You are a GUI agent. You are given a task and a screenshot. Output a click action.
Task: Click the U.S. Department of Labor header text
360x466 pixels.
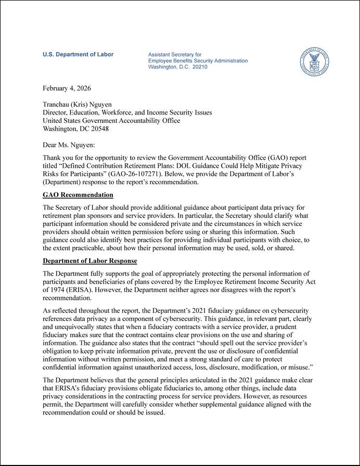click(78, 55)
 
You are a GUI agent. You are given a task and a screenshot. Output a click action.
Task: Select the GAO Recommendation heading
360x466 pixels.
click(78, 195)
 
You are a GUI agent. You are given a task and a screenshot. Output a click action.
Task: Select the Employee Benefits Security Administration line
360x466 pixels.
click(198, 61)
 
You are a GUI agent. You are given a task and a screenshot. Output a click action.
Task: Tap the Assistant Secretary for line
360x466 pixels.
click(175, 55)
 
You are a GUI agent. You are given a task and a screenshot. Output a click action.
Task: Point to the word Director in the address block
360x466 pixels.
click(55, 112)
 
